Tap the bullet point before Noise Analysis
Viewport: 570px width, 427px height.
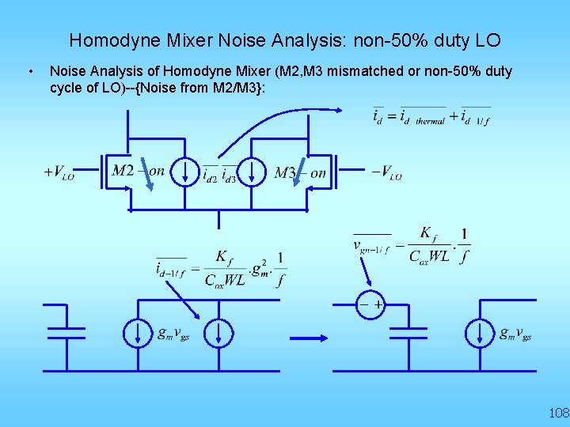[29, 72]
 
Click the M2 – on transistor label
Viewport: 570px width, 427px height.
[138, 172]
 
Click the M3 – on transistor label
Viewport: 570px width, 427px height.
[300, 172]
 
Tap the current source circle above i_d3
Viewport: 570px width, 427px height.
[253, 172]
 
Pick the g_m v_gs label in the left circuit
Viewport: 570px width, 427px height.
[173, 334]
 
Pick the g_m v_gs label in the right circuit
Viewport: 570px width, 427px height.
[515, 334]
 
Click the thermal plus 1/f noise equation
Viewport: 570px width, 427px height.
[431, 116]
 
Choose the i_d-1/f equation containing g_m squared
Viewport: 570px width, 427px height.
[222, 268]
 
